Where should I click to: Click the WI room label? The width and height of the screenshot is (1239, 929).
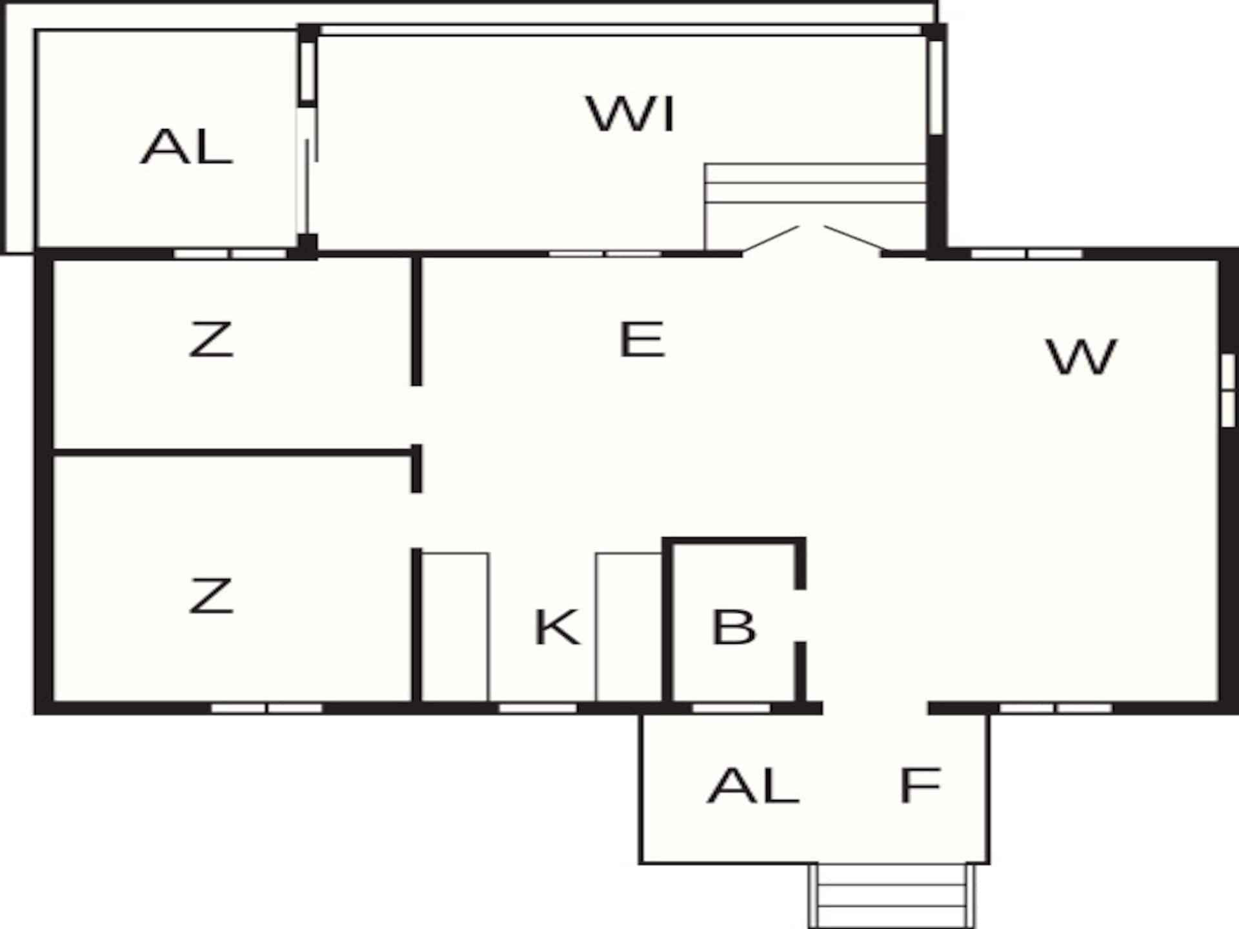point(630,114)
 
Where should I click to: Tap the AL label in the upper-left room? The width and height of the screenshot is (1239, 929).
point(186,146)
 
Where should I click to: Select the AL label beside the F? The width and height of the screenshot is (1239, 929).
point(754,785)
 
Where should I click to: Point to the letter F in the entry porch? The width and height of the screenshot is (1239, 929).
point(920,785)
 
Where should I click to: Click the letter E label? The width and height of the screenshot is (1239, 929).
point(641,339)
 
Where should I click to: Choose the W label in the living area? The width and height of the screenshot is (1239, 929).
point(1082,356)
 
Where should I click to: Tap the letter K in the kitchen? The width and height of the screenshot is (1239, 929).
point(558,626)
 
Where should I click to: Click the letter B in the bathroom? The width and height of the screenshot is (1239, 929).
point(733,626)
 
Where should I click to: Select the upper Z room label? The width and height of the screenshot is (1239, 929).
point(210,339)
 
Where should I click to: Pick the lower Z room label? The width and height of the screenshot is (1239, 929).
point(210,595)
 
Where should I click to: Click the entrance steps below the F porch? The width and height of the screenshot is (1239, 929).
point(892,896)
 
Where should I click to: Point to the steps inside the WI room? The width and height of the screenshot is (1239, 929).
point(816,206)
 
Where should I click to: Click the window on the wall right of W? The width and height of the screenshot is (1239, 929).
point(1228,390)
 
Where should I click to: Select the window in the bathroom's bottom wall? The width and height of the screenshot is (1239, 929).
point(731,708)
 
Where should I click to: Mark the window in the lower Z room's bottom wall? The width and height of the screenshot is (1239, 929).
point(267,708)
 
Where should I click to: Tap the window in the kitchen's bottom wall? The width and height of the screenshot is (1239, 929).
point(538,708)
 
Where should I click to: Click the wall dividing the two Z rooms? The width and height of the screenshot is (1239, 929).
point(233,453)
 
